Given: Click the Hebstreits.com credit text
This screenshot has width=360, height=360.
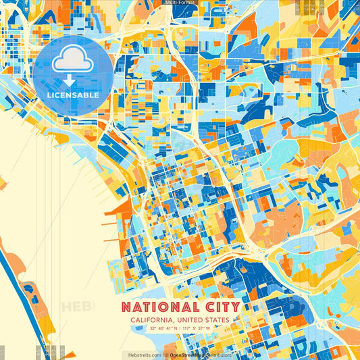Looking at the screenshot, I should point(143,355).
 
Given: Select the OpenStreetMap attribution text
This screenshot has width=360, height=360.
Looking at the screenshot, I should point(200,355).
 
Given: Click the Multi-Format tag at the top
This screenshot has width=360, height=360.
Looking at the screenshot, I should point(180,3).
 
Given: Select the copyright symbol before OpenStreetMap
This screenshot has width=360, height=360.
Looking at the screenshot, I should point(165,355).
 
